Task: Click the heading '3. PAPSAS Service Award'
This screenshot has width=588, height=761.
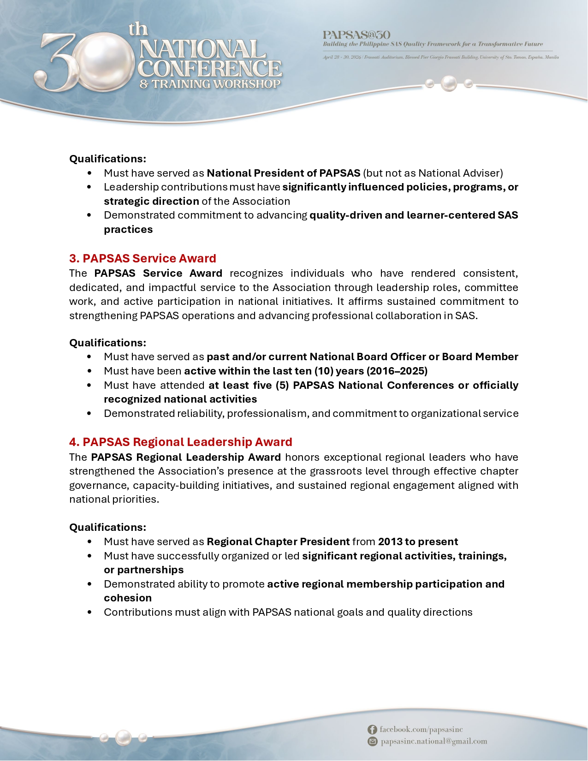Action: (143, 258)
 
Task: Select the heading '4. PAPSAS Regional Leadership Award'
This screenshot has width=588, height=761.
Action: (180, 442)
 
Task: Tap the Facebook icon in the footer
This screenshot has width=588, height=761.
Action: (372, 730)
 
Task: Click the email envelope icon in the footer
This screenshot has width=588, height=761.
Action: (372, 742)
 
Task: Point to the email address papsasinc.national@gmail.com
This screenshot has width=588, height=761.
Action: (434, 742)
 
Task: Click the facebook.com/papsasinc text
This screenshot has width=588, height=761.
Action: (421, 730)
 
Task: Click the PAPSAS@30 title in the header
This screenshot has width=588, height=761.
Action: (356, 35)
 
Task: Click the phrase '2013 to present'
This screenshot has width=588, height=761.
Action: (418, 541)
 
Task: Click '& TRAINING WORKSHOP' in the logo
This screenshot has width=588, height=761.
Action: (210, 84)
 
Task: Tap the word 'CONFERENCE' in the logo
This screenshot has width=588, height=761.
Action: (210, 69)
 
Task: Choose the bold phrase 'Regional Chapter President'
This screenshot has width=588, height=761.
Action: (278, 541)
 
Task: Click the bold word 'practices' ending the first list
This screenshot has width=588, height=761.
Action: (128, 229)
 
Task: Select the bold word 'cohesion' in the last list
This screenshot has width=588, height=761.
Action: (128, 598)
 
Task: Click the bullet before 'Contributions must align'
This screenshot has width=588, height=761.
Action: (89, 612)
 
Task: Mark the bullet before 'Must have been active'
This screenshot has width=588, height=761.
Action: (89, 371)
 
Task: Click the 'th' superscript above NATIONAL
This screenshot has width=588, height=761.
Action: (138, 30)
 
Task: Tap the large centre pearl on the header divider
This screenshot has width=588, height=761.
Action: (449, 83)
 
